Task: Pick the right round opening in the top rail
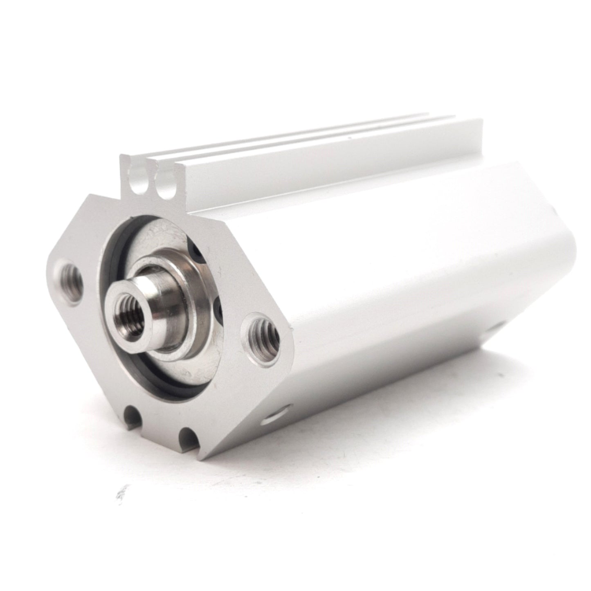click(166, 191)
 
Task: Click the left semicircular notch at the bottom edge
click(134, 416)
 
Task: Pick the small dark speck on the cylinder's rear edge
click(554, 213)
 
